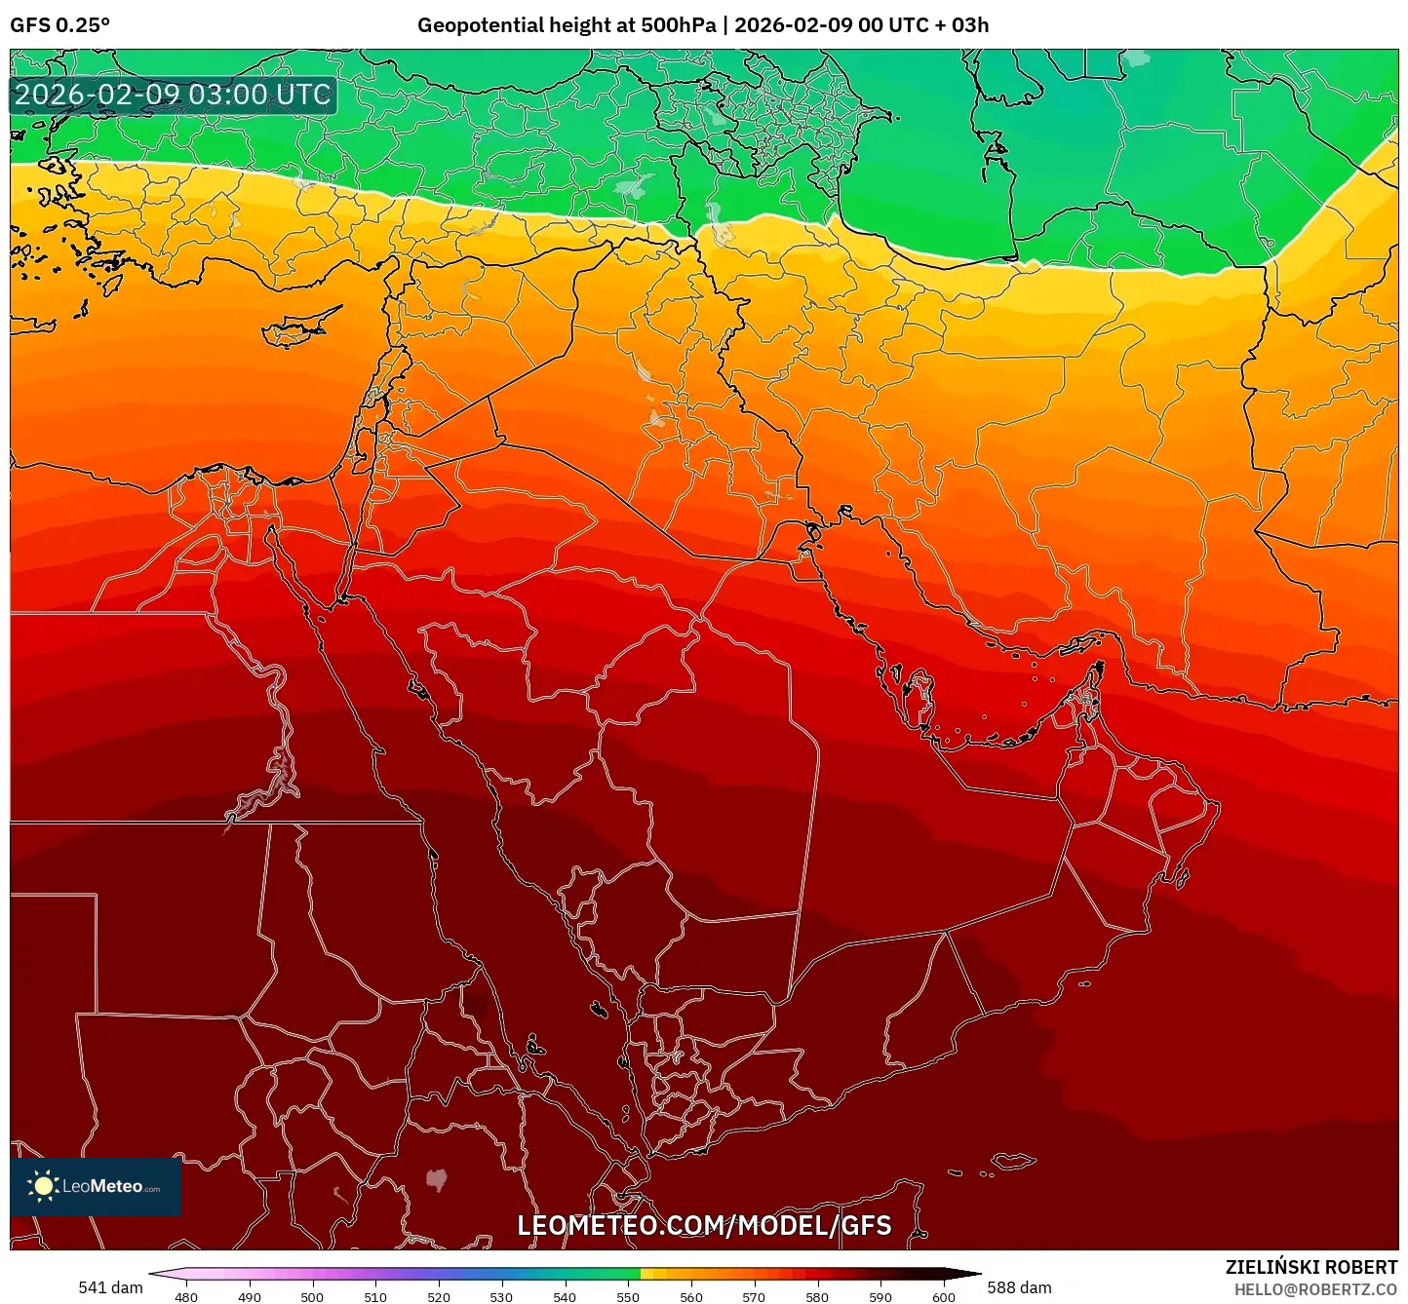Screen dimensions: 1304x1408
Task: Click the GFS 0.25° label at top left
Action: (x=59, y=25)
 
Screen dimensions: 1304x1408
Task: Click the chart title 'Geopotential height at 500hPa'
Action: (x=567, y=25)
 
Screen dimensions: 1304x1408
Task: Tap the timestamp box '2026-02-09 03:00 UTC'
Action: (x=173, y=96)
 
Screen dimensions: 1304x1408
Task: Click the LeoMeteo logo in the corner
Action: (x=96, y=1186)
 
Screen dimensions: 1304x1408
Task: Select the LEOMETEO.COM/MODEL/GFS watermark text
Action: (x=704, y=1225)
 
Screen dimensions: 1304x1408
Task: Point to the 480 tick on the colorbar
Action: (x=185, y=1296)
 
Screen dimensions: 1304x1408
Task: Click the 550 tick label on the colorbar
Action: (x=628, y=1296)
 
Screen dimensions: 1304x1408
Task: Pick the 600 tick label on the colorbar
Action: (x=943, y=1296)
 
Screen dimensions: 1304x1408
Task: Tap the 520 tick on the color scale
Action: (x=439, y=1296)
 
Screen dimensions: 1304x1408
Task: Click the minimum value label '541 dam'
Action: (x=110, y=1287)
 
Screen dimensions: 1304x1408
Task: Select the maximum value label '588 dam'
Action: (x=1019, y=1287)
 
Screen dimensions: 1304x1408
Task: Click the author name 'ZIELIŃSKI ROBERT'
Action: (x=1311, y=1267)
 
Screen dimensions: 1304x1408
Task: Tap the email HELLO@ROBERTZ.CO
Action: (x=1315, y=1289)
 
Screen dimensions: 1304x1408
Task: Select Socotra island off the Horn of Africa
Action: (x=1014, y=1161)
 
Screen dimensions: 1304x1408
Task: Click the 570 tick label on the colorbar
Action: (x=754, y=1296)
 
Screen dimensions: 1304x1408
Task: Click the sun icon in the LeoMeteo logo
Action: (x=43, y=1186)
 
